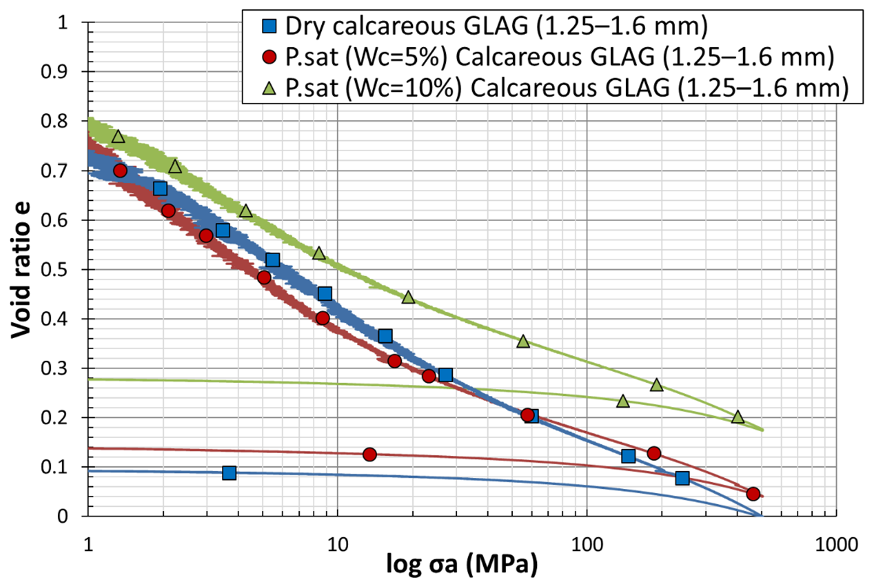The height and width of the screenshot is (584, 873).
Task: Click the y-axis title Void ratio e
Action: pyautogui.click(x=21, y=269)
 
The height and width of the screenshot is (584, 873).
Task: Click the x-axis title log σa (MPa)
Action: pyautogui.click(x=461, y=564)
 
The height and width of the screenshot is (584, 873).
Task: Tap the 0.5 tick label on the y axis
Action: pyautogui.click(x=54, y=270)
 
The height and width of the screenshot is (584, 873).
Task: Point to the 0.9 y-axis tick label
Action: pyautogui.click(x=54, y=72)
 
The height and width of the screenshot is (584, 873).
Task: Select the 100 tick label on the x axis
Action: pyautogui.click(x=586, y=544)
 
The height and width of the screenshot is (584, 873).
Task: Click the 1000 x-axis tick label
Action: pyautogui.click(x=836, y=544)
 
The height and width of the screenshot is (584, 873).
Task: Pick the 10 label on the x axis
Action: pyautogui.click(x=337, y=544)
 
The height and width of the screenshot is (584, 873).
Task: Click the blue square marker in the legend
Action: pyautogui.click(x=269, y=26)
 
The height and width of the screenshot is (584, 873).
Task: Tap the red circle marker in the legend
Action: pyautogui.click(x=269, y=57)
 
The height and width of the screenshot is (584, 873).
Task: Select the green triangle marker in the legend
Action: pyautogui.click(x=269, y=88)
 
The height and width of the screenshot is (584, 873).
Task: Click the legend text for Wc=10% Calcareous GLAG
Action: pyautogui.click(x=567, y=88)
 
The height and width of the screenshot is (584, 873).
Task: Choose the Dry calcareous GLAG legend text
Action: pyautogui.click(x=496, y=26)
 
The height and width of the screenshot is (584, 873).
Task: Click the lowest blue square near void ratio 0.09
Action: pyautogui.click(x=229, y=473)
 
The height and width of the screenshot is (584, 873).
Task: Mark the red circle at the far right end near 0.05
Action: pyautogui.click(x=752, y=494)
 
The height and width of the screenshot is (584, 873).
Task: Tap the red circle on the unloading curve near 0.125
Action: pyautogui.click(x=370, y=455)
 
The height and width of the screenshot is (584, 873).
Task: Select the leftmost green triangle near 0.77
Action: pyautogui.click(x=118, y=137)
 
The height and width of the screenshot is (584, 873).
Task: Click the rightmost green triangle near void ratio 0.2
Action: pyautogui.click(x=737, y=417)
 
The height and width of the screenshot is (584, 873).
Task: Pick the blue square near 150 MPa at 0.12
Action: pyautogui.click(x=629, y=456)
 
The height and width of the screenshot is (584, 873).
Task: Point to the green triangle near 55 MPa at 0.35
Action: pyautogui.click(x=523, y=341)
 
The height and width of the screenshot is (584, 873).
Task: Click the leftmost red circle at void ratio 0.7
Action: pyautogui.click(x=120, y=171)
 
